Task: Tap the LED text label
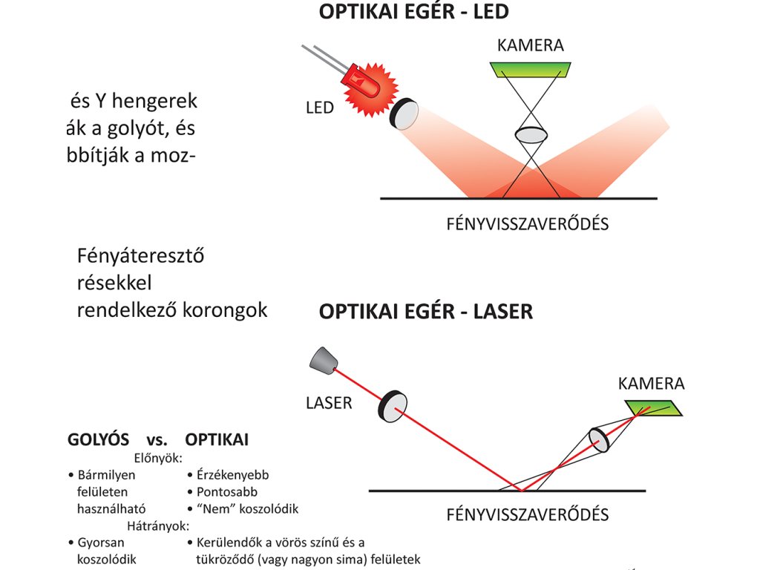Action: [320, 108]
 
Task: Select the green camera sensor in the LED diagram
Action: [530, 70]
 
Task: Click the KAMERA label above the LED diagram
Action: [530, 45]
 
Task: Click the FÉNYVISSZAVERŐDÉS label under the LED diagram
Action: [527, 223]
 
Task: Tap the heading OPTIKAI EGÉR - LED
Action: [413, 13]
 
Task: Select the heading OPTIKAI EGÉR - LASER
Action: [426, 311]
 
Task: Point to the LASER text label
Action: [329, 404]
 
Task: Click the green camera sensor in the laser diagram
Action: [654, 407]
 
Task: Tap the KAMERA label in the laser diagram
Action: [651, 384]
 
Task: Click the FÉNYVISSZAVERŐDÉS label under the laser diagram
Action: [527, 514]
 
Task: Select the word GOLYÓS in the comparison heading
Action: [98, 440]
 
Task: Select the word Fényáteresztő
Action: [140, 257]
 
